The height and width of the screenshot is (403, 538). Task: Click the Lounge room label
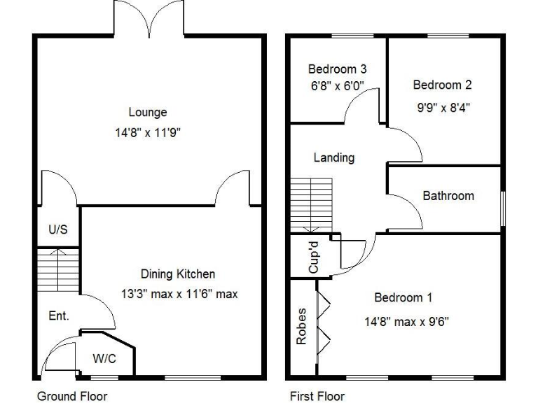147,112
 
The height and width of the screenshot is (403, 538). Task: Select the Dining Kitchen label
178,274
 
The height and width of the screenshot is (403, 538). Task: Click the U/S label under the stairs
57,229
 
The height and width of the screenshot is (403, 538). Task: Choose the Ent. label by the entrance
59,316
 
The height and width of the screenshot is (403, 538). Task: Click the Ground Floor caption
72,396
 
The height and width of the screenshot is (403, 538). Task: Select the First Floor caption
317,396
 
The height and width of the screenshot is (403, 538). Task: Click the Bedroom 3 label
338,69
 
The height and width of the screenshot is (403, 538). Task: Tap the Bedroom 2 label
442,85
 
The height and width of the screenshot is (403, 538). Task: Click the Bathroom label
448,196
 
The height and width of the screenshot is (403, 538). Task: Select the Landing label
333,158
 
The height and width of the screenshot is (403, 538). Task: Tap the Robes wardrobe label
303,327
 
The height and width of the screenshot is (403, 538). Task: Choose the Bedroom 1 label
408,298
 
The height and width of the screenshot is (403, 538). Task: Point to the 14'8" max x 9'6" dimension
406,322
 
